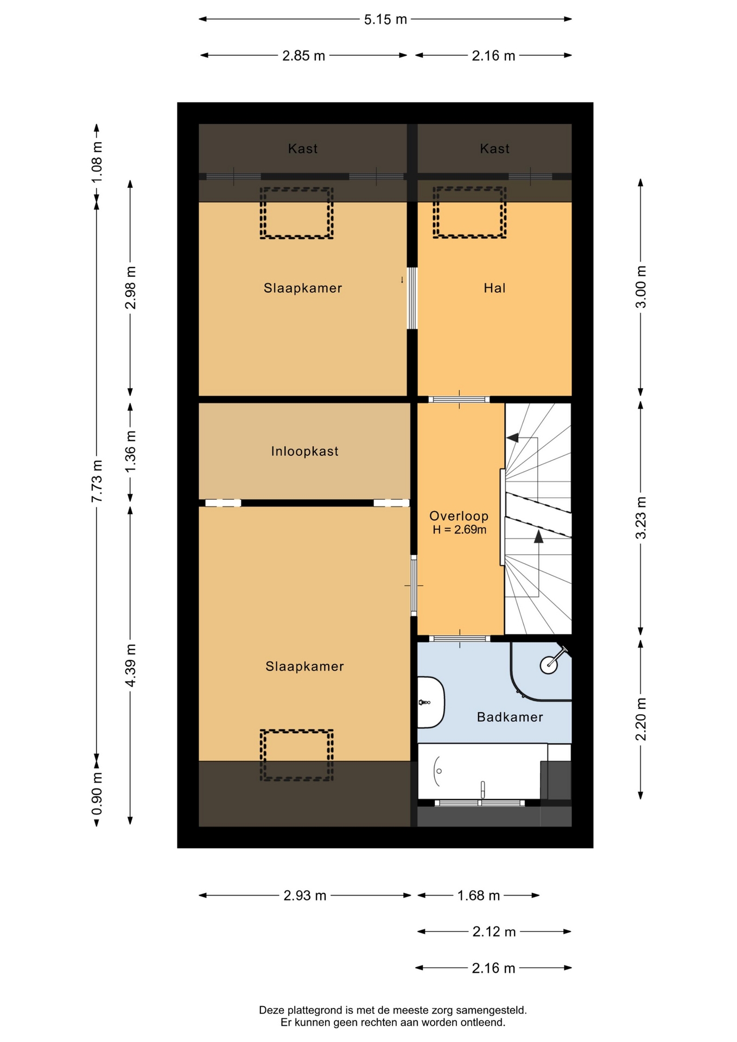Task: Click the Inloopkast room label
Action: [x=304, y=451]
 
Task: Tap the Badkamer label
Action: [x=510, y=717]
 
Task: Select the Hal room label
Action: [x=494, y=288]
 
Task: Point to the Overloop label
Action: [x=459, y=516]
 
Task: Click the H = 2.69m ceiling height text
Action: [x=459, y=530]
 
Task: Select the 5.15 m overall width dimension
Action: [x=385, y=20]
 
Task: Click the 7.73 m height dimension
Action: [x=97, y=481]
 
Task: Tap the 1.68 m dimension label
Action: [x=478, y=895]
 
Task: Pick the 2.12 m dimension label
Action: [x=494, y=932]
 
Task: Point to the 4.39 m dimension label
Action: [x=130, y=665]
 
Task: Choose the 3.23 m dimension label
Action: [x=640, y=518]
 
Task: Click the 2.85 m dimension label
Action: [x=303, y=56]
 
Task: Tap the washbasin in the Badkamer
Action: [x=431, y=702]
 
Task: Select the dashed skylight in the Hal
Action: [x=469, y=212]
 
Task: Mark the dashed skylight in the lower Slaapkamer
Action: [x=296, y=755]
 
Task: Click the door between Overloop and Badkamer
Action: [x=460, y=639]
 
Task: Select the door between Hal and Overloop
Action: [x=459, y=399]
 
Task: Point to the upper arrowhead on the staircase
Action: [x=512, y=437]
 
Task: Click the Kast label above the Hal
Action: [x=494, y=149]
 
